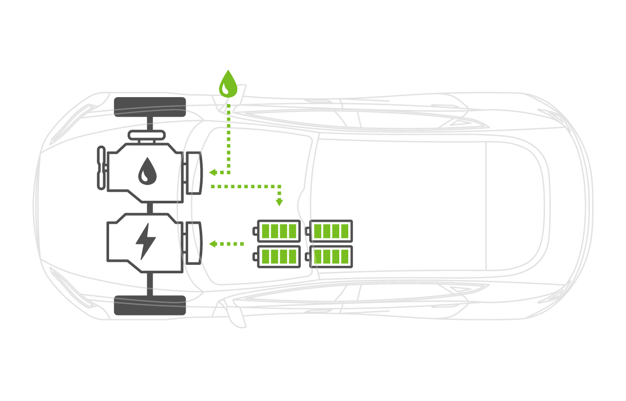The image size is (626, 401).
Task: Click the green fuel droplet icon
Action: tap(228, 84)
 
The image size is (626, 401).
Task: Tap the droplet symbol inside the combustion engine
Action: tap(147, 171)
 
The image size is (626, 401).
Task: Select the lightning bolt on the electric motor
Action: tap(146, 241)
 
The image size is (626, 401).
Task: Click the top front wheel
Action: tap(150, 107)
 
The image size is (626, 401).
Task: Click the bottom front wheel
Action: tap(150, 305)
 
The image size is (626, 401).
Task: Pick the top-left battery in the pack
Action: tap(278, 231)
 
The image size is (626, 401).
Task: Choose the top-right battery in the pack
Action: tap(331, 231)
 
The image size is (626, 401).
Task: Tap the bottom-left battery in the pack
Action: tap(278, 257)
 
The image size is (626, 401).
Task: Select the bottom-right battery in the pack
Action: tap(331, 257)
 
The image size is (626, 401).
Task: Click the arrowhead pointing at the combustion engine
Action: tap(212, 172)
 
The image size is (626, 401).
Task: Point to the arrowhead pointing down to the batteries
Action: tap(279, 203)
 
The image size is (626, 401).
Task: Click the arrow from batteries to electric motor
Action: tap(226, 244)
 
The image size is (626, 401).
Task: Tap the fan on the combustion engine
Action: tap(101, 168)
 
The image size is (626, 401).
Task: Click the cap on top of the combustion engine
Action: tap(147, 135)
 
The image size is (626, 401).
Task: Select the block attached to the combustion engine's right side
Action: tap(193, 173)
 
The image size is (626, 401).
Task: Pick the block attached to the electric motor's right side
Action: tap(193, 243)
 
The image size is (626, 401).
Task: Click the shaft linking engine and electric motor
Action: tap(149, 207)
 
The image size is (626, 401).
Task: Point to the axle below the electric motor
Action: tap(150, 284)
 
